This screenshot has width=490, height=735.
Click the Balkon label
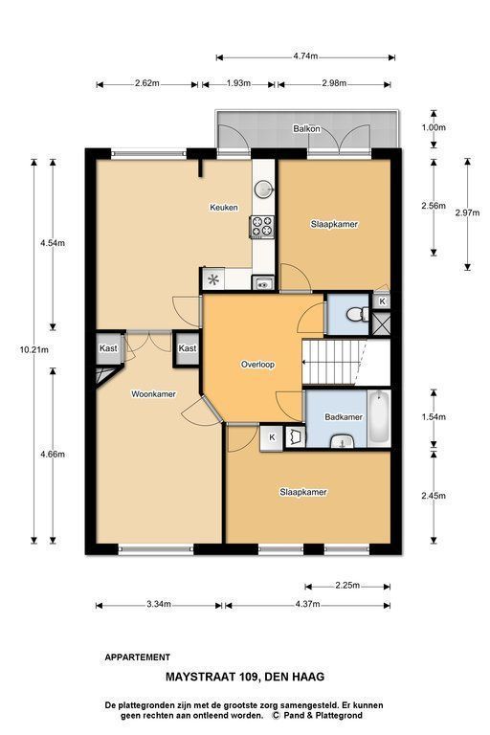(x=306, y=128)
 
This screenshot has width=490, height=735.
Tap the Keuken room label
(x=224, y=207)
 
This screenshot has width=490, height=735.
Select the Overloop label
(x=257, y=365)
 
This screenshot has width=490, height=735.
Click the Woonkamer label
(x=153, y=394)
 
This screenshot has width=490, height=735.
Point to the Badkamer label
(x=344, y=416)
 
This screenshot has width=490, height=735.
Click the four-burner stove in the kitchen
(x=262, y=226)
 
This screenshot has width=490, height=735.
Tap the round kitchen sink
(x=264, y=189)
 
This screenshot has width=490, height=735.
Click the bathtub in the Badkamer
(x=379, y=419)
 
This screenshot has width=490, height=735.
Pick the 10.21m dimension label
(x=34, y=349)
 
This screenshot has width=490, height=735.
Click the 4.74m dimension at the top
(x=305, y=56)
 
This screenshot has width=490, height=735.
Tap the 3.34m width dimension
(x=159, y=604)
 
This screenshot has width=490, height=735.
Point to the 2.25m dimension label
(x=347, y=585)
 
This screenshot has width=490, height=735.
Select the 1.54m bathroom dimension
(x=434, y=416)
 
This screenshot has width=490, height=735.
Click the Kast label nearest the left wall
(x=108, y=348)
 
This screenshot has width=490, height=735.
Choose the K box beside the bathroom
(x=272, y=437)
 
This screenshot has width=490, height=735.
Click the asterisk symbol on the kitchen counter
(x=213, y=280)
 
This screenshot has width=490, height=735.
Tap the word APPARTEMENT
(x=138, y=657)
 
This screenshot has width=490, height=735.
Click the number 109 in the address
(x=251, y=677)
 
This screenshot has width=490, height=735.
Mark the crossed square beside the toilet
(x=382, y=323)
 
